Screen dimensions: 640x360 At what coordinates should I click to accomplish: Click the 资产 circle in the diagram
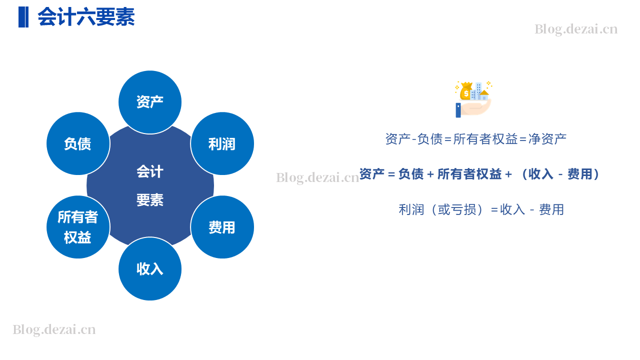150,102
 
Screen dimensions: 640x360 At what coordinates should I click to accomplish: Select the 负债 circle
78,143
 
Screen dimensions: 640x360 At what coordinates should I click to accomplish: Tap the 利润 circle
222,143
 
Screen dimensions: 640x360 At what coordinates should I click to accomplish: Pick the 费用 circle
222,227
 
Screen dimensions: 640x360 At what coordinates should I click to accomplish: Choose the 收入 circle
150,268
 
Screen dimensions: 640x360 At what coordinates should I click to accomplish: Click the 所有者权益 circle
78,227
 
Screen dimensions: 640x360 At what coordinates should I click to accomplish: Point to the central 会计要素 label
150,185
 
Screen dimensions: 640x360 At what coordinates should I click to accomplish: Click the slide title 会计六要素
86,17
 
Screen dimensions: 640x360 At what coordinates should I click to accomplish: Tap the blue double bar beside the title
23,17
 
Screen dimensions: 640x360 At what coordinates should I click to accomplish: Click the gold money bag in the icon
465,91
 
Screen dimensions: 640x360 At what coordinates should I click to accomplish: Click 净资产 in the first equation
547,139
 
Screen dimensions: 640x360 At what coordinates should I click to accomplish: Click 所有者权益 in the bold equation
469,174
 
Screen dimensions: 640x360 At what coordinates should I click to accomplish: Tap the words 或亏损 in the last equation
457,209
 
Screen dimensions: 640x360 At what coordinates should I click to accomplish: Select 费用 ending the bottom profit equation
551,209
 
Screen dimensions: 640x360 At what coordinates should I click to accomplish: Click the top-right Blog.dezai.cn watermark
576,29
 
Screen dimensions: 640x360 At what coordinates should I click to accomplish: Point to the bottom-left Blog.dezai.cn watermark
54,329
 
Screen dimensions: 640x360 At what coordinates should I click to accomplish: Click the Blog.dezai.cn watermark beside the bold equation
317,177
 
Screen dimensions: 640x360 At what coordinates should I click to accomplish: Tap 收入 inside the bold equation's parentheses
540,174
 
